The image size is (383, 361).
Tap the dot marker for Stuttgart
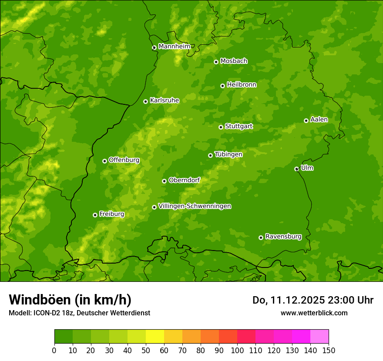coord(221,127)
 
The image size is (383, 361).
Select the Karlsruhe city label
coord(165,100)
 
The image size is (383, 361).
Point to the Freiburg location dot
coord(95,215)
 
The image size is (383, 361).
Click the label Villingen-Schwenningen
coord(195,206)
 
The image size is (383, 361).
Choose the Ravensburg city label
coord(283,237)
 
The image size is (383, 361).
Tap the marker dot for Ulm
coord(296,169)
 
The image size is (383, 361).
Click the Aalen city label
coord(319,120)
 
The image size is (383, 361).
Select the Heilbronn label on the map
coord(242,85)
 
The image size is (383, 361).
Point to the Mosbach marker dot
coord(216,62)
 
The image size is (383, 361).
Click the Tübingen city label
coord(228,154)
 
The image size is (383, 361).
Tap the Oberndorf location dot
coord(164,181)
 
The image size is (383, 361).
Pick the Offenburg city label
coord(124,160)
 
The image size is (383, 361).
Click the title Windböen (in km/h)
coord(70,300)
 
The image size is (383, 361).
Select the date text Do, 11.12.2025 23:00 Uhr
coord(313,300)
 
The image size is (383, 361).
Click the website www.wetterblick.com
coord(314,313)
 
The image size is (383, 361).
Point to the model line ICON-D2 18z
coord(79,313)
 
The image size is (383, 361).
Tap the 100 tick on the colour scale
coord(237,350)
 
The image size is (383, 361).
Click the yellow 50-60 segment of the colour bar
coord(155,337)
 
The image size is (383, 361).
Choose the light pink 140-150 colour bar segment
coord(319,337)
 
